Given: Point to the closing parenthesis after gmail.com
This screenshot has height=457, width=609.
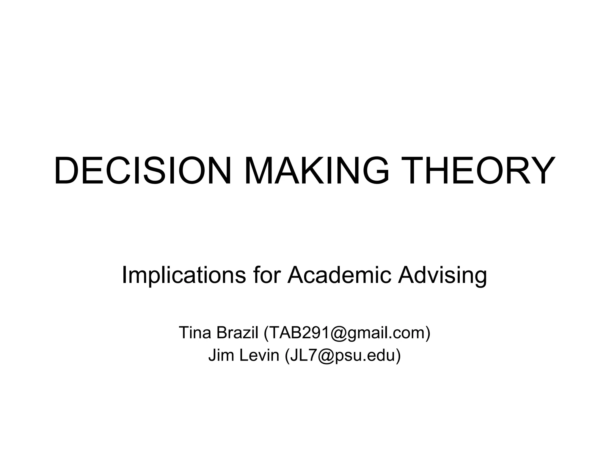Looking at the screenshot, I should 428,333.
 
